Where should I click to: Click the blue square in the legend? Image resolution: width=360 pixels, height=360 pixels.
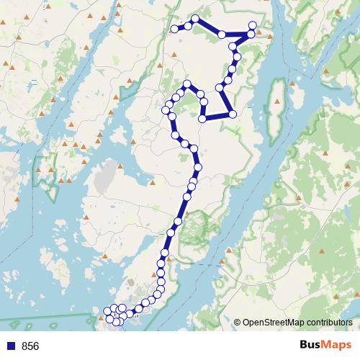point(10,346)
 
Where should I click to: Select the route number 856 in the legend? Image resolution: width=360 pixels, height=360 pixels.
point(30,346)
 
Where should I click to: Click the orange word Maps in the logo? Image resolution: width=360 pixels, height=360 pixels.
point(335,345)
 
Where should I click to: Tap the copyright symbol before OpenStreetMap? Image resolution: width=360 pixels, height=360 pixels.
point(238,323)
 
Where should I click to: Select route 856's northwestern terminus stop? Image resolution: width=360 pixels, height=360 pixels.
point(174,29)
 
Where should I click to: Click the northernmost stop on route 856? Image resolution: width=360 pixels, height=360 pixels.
point(195,19)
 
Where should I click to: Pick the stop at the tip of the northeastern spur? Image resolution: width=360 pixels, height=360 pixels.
point(253,26)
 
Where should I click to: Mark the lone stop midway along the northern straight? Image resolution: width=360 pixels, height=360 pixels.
point(222,35)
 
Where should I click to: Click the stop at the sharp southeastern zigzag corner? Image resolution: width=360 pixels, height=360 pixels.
point(233,114)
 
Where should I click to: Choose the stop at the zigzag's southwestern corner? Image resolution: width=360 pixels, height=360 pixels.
point(203,117)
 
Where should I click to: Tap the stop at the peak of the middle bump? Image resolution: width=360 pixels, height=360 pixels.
point(187,85)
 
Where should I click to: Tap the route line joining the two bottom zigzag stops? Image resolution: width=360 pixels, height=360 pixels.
point(217,115)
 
